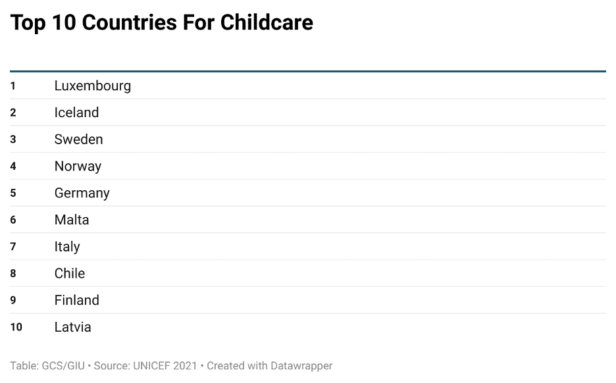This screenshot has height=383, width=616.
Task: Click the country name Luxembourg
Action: [x=92, y=86]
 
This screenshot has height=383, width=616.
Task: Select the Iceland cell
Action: [x=76, y=113]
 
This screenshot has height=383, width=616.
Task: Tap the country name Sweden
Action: [x=78, y=140]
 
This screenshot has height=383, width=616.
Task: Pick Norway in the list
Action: [x=78, y=166]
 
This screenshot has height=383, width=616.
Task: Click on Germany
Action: [x=82, y=193]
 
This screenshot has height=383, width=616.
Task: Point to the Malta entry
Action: [x=71, y=220]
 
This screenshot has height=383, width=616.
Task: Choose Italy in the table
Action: [x=66, y=247]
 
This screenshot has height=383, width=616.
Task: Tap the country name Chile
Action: [x=69, y=273]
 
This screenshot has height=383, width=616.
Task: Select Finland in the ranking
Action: [x=76, y=300]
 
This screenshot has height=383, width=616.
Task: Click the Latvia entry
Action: [x=72, y=327]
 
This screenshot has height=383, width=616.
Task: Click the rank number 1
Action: [x=13, y=86]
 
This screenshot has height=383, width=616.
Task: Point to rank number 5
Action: [x=13, y=193]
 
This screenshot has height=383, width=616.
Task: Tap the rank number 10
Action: [x=16, y=327]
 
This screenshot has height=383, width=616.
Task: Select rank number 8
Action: [x=13, y=274]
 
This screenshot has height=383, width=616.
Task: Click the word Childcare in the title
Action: [x=267, y=23]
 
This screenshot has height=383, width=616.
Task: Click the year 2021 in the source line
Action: [x=184, y=366]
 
